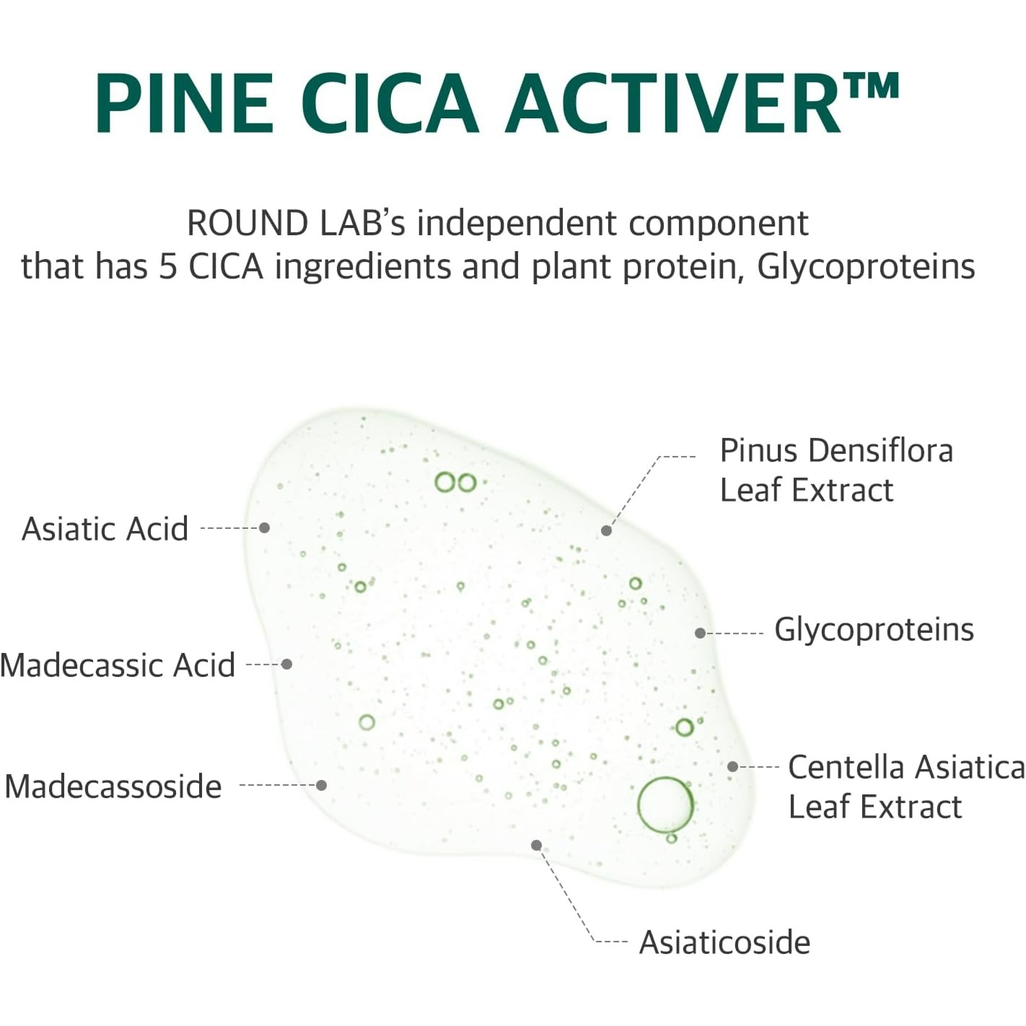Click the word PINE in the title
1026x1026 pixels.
[185, 102]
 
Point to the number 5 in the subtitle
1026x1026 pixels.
[167, 266]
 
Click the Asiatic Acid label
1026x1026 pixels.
[105, 529]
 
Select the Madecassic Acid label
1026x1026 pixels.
[118, 665]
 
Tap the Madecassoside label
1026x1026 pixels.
[113, 786]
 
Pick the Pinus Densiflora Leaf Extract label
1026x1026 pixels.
[836, 470]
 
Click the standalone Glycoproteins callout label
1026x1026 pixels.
[874, 630]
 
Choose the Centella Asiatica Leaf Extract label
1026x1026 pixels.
[906, 787]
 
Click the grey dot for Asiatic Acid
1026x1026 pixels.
[265, 527]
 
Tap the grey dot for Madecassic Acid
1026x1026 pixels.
[287, 664]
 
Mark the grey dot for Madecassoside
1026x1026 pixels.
[321, 785]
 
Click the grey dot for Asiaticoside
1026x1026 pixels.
[537, 845]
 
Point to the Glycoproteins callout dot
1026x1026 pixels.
[700, 633]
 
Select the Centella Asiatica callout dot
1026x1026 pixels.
[732, 766]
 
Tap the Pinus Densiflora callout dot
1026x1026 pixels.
[606, 530]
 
